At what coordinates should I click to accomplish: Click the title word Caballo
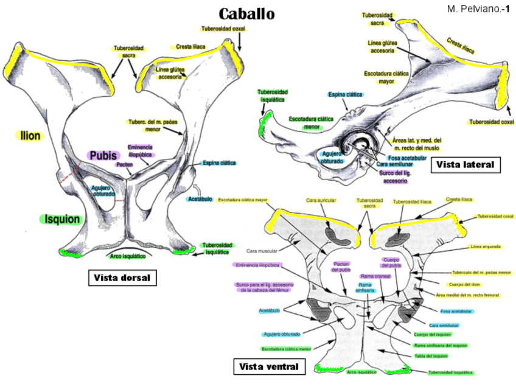point(246,13)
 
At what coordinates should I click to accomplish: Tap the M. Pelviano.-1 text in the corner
point(478,9)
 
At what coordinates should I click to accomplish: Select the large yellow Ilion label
point(29,136)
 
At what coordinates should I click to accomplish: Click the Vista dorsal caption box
point(122,277)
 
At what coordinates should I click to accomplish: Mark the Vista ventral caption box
point(268,366)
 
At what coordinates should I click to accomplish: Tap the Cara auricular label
point(321,200)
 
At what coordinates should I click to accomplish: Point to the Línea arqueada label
point(486,247)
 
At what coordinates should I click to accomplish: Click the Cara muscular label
point(262,250)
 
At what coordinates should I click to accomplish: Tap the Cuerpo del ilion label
point(464,284)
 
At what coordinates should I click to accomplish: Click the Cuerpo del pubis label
point(390,263)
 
